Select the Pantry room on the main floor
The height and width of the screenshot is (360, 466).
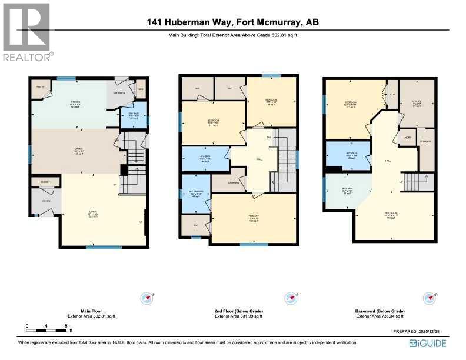coord(40,86)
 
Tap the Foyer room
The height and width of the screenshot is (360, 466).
coord(41,202)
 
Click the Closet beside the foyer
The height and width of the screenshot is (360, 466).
coord(45,182)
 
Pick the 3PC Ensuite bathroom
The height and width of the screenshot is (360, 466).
coord(195,194)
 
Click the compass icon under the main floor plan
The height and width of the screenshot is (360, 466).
coord(147,298)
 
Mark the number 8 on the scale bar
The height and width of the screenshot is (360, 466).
coord(66,325)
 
